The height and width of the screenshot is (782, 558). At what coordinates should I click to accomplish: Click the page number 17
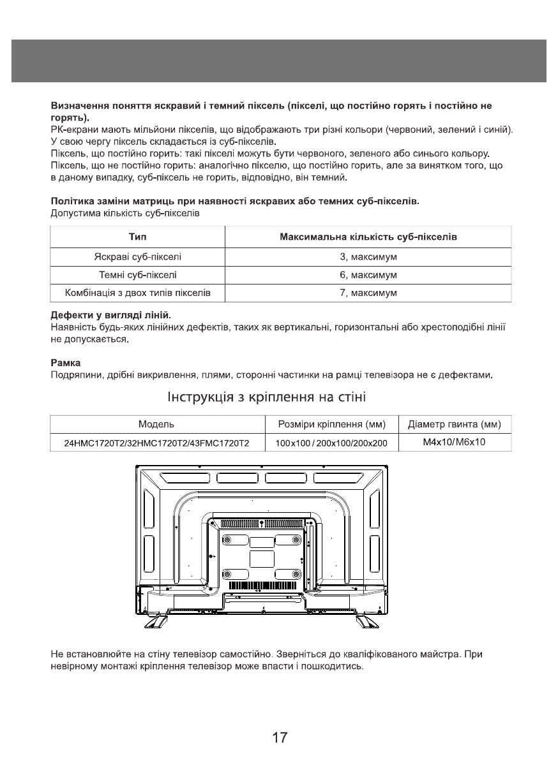(x=279, y=738)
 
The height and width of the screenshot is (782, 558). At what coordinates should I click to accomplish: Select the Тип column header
(x=138, y=237)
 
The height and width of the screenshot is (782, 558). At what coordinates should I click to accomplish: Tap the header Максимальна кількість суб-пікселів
(x=368, y=237)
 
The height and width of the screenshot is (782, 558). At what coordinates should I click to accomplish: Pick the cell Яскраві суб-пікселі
(x=138, y=257)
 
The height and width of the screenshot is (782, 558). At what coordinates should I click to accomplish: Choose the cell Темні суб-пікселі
(x=138, y=275)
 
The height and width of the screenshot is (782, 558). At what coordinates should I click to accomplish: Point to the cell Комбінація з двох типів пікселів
(x=138, y=293)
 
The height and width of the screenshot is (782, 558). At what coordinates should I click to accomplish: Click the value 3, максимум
(x=368, y=257)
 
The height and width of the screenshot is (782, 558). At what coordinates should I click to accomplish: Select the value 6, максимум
(x=368, y=275)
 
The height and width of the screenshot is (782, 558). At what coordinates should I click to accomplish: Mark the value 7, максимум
(x=368, y=293)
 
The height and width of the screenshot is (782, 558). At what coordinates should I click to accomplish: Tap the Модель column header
(x=156, y=424)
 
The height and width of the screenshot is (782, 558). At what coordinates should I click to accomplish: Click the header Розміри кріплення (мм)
(x=331, y=424)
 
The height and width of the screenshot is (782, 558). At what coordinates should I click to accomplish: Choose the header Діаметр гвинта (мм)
(x=454, y=424)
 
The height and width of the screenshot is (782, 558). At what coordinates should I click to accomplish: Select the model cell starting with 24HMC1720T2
(x=156, y=443)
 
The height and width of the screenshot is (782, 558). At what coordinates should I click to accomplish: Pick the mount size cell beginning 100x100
(x=331, y=443)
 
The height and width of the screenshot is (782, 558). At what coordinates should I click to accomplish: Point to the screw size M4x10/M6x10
(x=454, y=442)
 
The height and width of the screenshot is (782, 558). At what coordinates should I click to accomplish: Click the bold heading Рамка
(x=64, y=362)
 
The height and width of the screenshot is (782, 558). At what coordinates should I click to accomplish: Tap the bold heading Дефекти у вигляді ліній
(x=110, y=316)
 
